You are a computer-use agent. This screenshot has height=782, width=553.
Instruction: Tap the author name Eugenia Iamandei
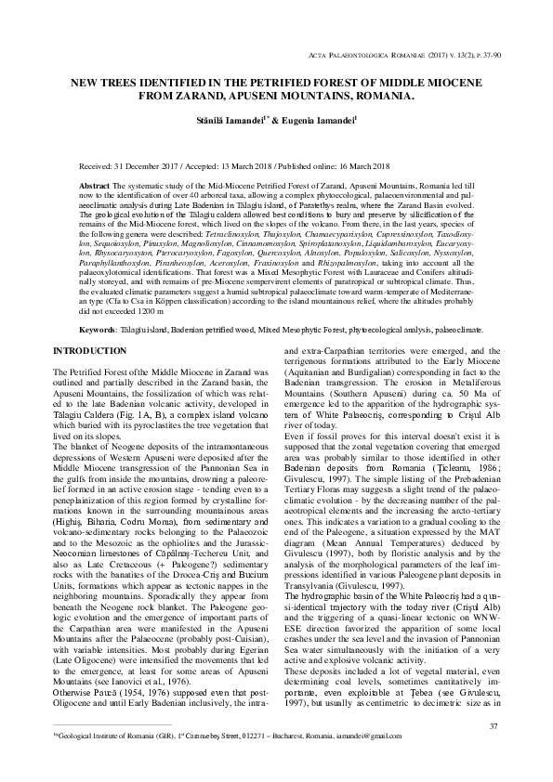pos(306,120)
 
